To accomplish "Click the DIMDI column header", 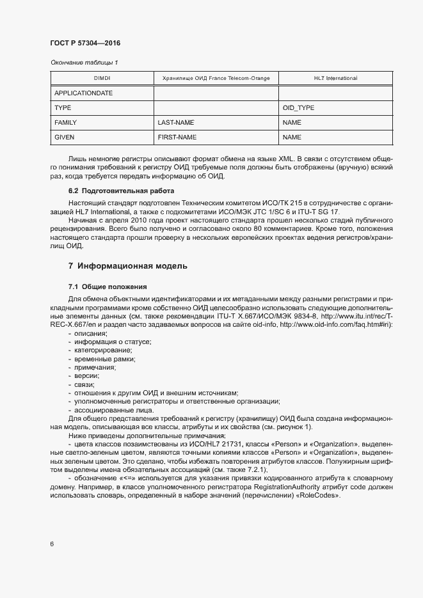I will click(102, 78).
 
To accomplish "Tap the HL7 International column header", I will click(335, 78).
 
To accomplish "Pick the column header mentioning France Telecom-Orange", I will click(216, 78).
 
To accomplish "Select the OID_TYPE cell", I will click(298, 107).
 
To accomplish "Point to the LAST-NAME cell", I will click(176, 122).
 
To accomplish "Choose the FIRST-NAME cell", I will click(177, 137).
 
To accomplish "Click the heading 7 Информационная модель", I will click(127, 265).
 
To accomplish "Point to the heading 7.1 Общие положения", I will click(108, 286).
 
